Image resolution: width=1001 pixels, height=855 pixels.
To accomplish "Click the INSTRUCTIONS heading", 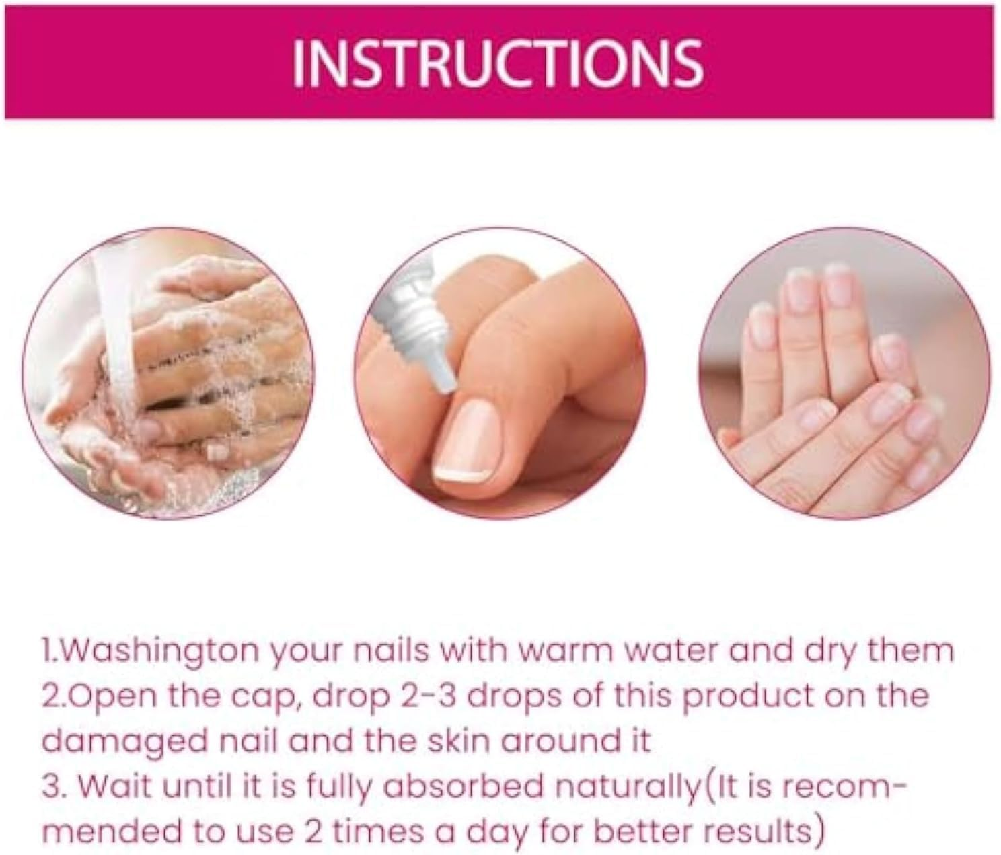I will [x=498, y=62].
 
